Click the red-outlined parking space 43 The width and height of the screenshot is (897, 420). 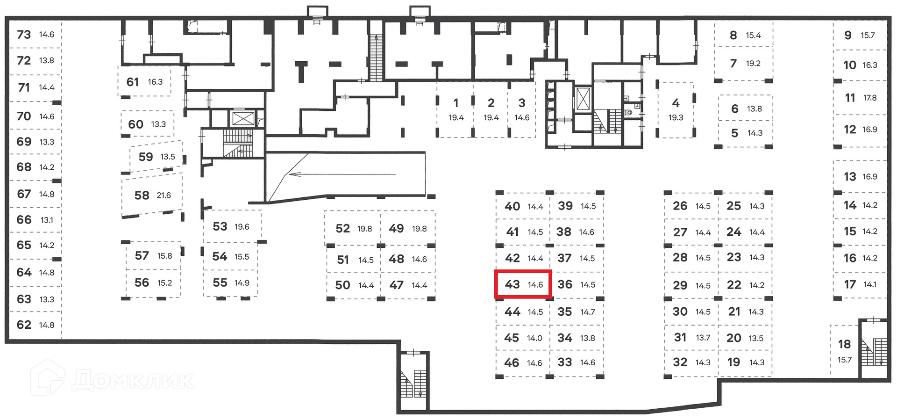523,284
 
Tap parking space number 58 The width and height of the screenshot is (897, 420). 142,195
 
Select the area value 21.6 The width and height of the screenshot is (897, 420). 164,196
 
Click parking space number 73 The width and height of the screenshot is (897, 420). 24,35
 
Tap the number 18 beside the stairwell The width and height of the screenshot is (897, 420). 844,344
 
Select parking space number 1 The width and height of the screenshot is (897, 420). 456,103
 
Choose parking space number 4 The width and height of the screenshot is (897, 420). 676,103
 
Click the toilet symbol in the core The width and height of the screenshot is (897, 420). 629,112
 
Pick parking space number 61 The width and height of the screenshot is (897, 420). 133,82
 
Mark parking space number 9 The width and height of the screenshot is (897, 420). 848,35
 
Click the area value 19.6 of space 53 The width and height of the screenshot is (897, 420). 242,227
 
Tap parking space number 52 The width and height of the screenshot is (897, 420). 342,228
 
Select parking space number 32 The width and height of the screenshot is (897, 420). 680,362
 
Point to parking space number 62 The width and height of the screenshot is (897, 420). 24,325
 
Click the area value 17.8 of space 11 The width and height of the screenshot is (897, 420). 870,98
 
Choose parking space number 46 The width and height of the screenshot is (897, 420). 512,362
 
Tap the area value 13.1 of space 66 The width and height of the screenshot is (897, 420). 47,220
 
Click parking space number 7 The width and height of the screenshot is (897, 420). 733,63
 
